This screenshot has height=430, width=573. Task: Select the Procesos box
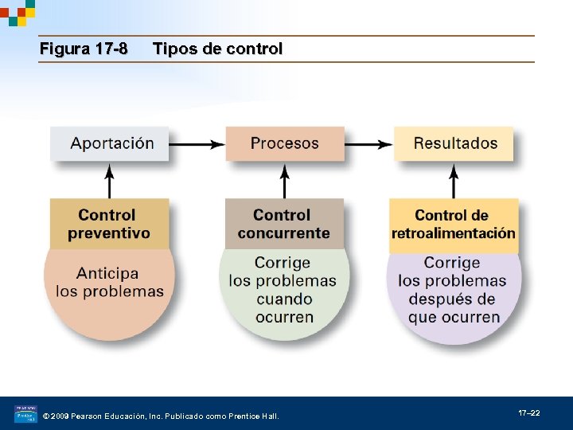tap(284, 144)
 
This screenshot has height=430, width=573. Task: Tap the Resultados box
tap(454, 144)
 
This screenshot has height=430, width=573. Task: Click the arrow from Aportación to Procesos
tap(197, 144)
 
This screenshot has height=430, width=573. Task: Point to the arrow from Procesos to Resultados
tap(369, 144)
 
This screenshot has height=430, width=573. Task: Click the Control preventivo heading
tap(109, 224)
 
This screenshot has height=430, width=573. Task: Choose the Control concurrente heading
tap(284, 224)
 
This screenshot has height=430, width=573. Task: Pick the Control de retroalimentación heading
tap(453, 224)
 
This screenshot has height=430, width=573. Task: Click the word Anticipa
tap(107, 273)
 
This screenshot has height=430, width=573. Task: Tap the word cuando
tap(284, 299)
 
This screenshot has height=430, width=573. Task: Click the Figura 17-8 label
tap(84, 49)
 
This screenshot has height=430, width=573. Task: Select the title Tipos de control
tap(217, 49)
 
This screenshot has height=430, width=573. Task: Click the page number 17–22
tap(529, 413)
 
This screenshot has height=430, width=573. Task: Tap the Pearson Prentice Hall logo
tap(25, 414)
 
